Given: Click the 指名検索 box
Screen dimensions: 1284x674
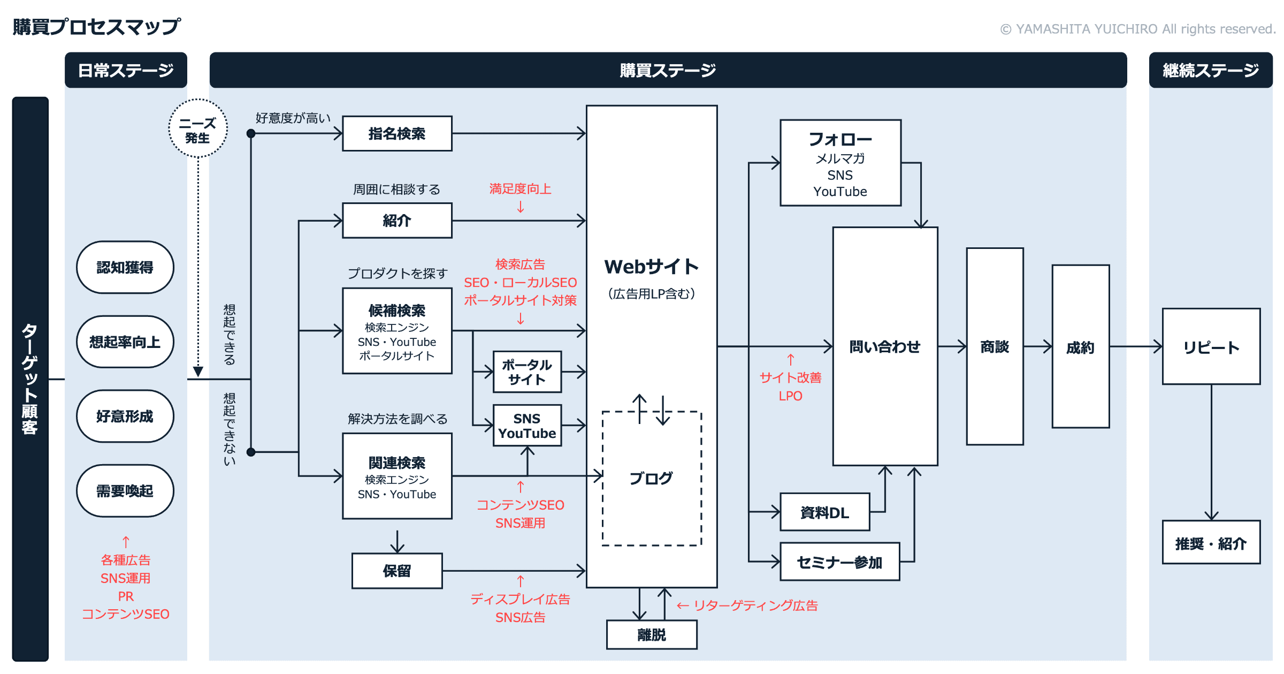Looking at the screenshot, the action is point(397,133).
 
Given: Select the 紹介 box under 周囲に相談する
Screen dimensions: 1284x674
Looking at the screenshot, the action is point(397,220).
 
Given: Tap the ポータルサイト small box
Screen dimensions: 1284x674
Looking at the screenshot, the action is point(527,372).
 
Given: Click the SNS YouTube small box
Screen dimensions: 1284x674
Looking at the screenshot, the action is point(527,426).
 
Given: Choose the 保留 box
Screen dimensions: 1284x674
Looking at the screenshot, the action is point(397,571).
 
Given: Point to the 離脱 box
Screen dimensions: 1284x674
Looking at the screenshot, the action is point(652,635).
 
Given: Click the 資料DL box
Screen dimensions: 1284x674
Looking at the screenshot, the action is point(824,512).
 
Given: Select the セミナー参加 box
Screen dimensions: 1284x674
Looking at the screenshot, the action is point(839,562).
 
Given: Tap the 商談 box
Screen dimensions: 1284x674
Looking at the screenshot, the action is point(995,346).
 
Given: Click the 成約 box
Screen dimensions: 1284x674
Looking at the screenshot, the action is point(1080,346).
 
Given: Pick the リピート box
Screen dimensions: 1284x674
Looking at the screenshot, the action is point(1211,346).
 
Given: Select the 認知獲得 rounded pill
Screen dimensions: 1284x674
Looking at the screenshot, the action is point(125,267).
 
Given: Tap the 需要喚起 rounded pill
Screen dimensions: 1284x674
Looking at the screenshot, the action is point(125,490).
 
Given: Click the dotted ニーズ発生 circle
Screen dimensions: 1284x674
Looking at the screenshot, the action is point(198,128).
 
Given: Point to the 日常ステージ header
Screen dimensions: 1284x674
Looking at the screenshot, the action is point(126,70).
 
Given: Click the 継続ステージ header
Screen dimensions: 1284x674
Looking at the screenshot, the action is point(1211,70).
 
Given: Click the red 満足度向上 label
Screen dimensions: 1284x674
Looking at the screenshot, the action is point(520,188).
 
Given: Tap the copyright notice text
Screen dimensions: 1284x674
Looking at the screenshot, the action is point(1138,29).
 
